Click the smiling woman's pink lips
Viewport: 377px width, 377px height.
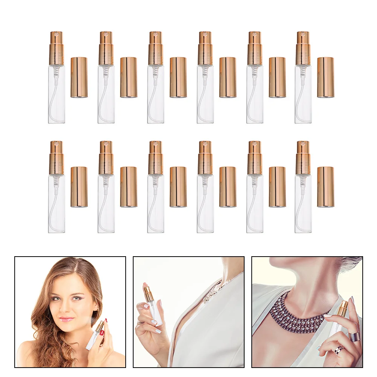point(66,319)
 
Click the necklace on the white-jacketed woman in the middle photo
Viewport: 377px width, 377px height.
point(211,293)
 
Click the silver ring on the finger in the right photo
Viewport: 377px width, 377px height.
point(354,336)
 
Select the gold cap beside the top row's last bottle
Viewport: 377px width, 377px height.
point(325,77)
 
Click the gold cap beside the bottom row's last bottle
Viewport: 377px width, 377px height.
point(325,187)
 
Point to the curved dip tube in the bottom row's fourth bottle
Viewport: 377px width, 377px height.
point(202,211)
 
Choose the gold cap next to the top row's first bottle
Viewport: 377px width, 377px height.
point(79,77)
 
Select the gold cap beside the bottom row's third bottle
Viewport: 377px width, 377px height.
point(178,187)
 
